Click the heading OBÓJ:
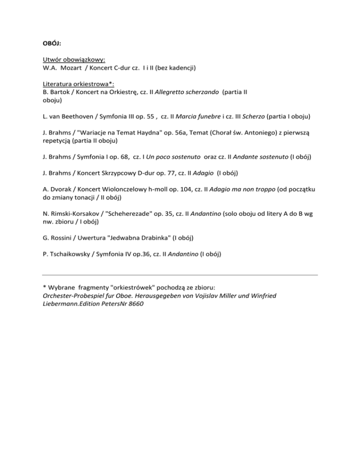[x=52, y=44]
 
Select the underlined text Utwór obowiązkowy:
[x=74, y=60]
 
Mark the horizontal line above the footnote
[x=180, y=275]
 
